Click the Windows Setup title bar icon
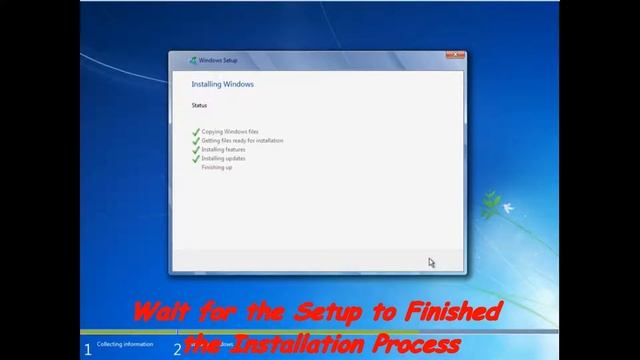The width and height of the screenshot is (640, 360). pos(193,60)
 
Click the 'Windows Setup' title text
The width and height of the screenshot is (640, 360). pos(218,60)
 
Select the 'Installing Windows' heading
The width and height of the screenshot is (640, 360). pos(222,84)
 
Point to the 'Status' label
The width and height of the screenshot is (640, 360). pos(199,105)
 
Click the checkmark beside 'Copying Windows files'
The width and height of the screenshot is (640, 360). pos(196,132)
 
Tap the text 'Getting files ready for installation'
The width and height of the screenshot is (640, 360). pos(242,141)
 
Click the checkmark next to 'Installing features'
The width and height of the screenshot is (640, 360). pos(196,150)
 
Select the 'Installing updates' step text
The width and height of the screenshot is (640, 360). pos(223,158)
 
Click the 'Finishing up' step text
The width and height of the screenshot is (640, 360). pos(217,167)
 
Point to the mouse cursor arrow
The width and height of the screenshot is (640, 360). pos(432,263)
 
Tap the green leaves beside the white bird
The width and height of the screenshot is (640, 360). pos(491,206)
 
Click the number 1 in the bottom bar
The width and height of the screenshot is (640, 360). pos(88,349)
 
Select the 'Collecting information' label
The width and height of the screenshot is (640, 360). pos(125,344)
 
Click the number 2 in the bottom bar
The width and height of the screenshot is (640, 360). pos(177,349)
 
